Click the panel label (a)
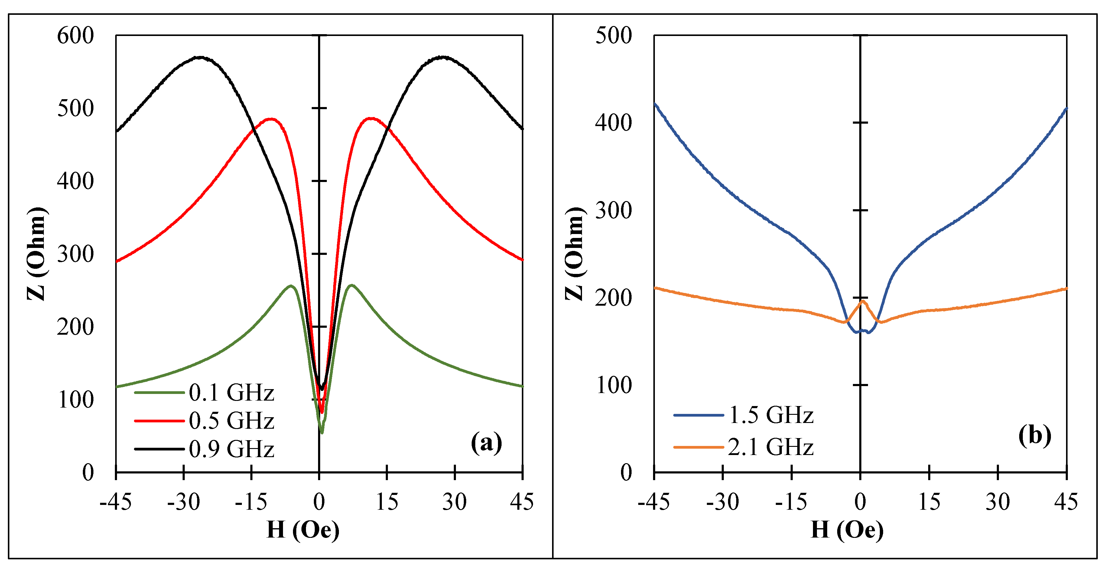(x=486, y=443)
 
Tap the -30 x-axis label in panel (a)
(x=184, y=502)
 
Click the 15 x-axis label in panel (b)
(x=929, y=502)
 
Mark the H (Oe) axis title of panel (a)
(x=303, y=530)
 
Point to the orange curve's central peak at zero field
(x=863, y=301)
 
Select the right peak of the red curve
(x=371, y=118)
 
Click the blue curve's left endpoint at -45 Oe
(x=655, y=103)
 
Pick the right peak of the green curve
(x=352, y=285)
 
